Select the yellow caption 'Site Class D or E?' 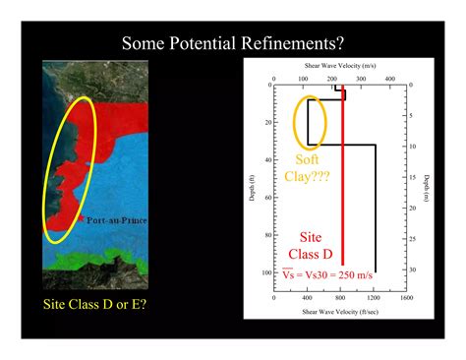click(96, 304)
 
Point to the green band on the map click(98, 261)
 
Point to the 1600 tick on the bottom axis click(405, 295)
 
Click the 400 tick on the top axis click(389, 78)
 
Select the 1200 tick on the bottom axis click(374, 295)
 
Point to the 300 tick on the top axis click(362, 78)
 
